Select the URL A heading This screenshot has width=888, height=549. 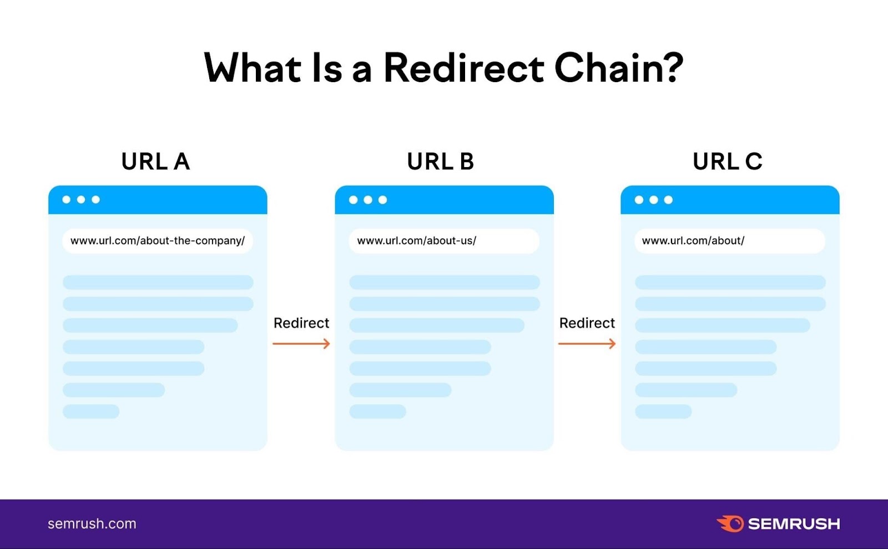(155, 162)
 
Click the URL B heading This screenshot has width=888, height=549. (441, 162)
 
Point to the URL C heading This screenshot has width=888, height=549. (727, 162)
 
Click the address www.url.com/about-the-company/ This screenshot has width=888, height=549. (158, 241)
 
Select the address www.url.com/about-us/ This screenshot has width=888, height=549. (416, 241)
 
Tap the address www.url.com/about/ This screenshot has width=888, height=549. (693, 241)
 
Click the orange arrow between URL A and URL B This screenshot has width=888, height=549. (301, 344)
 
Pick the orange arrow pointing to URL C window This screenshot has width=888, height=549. (587, 344)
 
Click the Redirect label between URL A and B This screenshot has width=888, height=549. (301, 323)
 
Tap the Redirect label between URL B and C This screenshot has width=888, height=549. (587, 323)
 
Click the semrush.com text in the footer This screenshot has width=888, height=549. (92, 523)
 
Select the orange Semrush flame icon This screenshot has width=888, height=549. (730, 523)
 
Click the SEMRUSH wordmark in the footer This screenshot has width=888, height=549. (794, 524)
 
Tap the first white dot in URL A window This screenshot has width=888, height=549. (67, 200)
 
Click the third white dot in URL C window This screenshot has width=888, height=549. (668, 200)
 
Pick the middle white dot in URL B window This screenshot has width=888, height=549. (368, 200)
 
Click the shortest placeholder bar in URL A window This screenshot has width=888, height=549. (91, 411)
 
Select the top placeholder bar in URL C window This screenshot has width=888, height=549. (730, 282)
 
